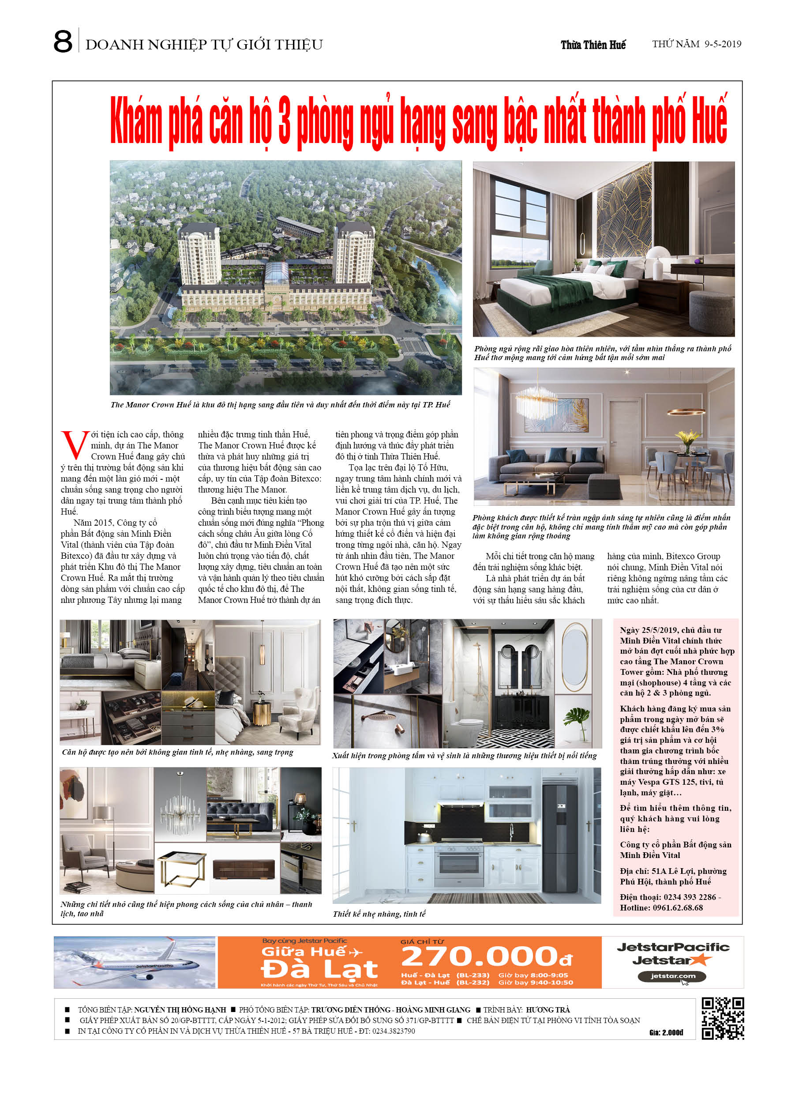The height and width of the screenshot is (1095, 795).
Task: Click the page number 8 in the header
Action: [63, 42]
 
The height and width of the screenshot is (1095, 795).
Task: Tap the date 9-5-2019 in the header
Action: [722, 44]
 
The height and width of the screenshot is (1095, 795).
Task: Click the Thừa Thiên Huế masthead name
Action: [593, 45]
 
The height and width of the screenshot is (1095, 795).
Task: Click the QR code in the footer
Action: [722, 1018]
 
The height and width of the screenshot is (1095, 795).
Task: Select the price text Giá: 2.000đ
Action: [666, 1032]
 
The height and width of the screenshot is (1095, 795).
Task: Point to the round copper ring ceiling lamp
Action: [685, 411]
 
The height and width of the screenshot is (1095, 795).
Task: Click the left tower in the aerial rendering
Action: [199, 256]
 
